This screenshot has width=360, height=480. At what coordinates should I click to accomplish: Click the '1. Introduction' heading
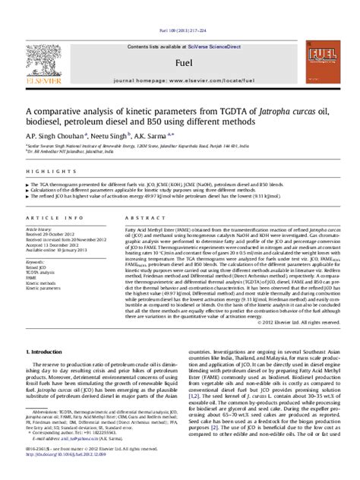pyautogui.click(x=47, y=352)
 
